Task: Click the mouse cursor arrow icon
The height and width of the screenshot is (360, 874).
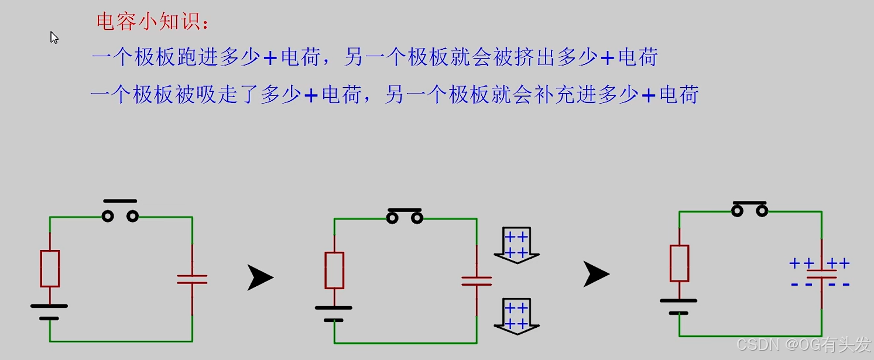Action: click(x=54, y=37)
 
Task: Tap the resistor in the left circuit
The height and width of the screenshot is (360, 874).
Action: click(x=50, y=269)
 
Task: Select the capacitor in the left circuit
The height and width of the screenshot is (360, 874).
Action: click(x=192, y=279)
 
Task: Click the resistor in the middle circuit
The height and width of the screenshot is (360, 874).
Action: click(x=334, y=270)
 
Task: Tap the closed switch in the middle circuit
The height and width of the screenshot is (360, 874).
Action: click(x=405, y=217)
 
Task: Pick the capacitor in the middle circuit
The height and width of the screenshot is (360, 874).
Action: click(x=477, y=281)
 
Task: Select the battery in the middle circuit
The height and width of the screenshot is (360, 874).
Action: click(x=334, y=313)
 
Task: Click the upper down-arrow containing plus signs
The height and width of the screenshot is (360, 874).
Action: click(x=516, y=245)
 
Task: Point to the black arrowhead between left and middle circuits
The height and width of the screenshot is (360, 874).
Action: click(x=259, y=277)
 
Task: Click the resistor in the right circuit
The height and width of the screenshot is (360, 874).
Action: click(x=680, y=263)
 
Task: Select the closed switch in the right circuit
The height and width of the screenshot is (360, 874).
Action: click(x=750, y=209)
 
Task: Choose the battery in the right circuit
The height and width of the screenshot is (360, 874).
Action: click(x=679, y=306)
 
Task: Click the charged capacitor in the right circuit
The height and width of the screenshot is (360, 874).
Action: click(x=821, y=274)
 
